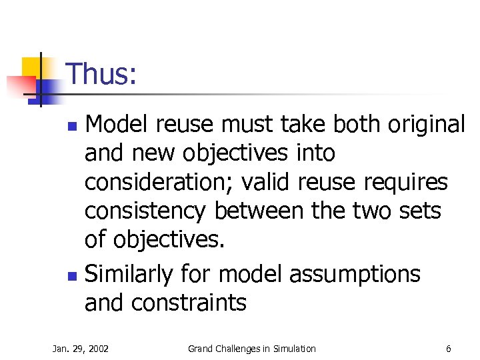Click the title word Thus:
tap(102, 74)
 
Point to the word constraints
tap(189, 303)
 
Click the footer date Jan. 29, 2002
tap(81, 348)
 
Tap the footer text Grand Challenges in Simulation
tap(251, 348)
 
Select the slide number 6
tap(449, 348)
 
